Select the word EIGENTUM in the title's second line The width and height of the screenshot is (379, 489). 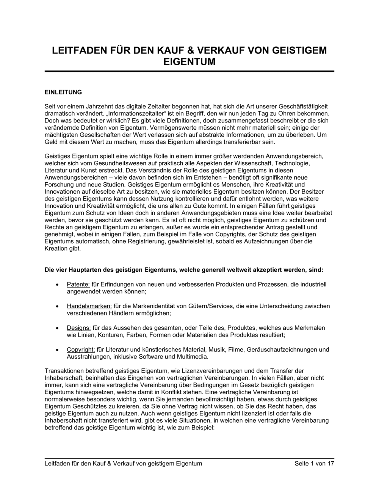pyautogui.click(x=189, y=62)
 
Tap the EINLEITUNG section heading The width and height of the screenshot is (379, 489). pyautogui.click(x=63, y=92)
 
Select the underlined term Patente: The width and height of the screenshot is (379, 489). pyautogui.click(x=78, y=284)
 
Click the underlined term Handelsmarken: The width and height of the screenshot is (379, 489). pyautogui.click(x=89, y=306)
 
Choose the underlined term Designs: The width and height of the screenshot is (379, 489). pyautogui.click(x=78, y=328)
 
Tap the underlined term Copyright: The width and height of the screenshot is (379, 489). pyautogui.click(x=81, y=350)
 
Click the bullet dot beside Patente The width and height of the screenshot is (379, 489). pyautogui.click(x=57, y=284)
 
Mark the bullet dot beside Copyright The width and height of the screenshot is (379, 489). pyautogui.click(x=57, y=350)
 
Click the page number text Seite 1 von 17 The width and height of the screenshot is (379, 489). pyautogui.click(x=314, y=463)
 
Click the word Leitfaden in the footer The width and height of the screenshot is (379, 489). pyautogui.click(x=57, y=463)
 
